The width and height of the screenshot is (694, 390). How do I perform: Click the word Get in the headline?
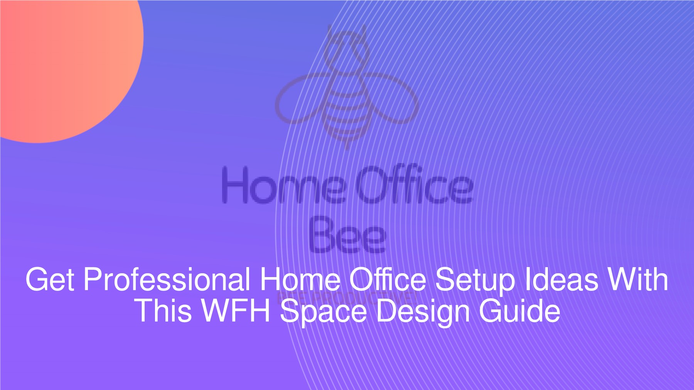[x=50, y=280]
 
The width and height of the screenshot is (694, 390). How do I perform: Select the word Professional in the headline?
[x=167, y=280]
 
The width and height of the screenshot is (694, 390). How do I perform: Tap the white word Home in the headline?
[x=300, y=280]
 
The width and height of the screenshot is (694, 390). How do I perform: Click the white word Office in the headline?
[x=387, y=280]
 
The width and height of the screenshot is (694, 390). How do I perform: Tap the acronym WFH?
[x=236, y=311]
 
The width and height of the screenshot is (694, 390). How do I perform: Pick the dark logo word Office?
[x=413, y=186]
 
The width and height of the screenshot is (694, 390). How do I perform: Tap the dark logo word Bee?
[x=347, y=235]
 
